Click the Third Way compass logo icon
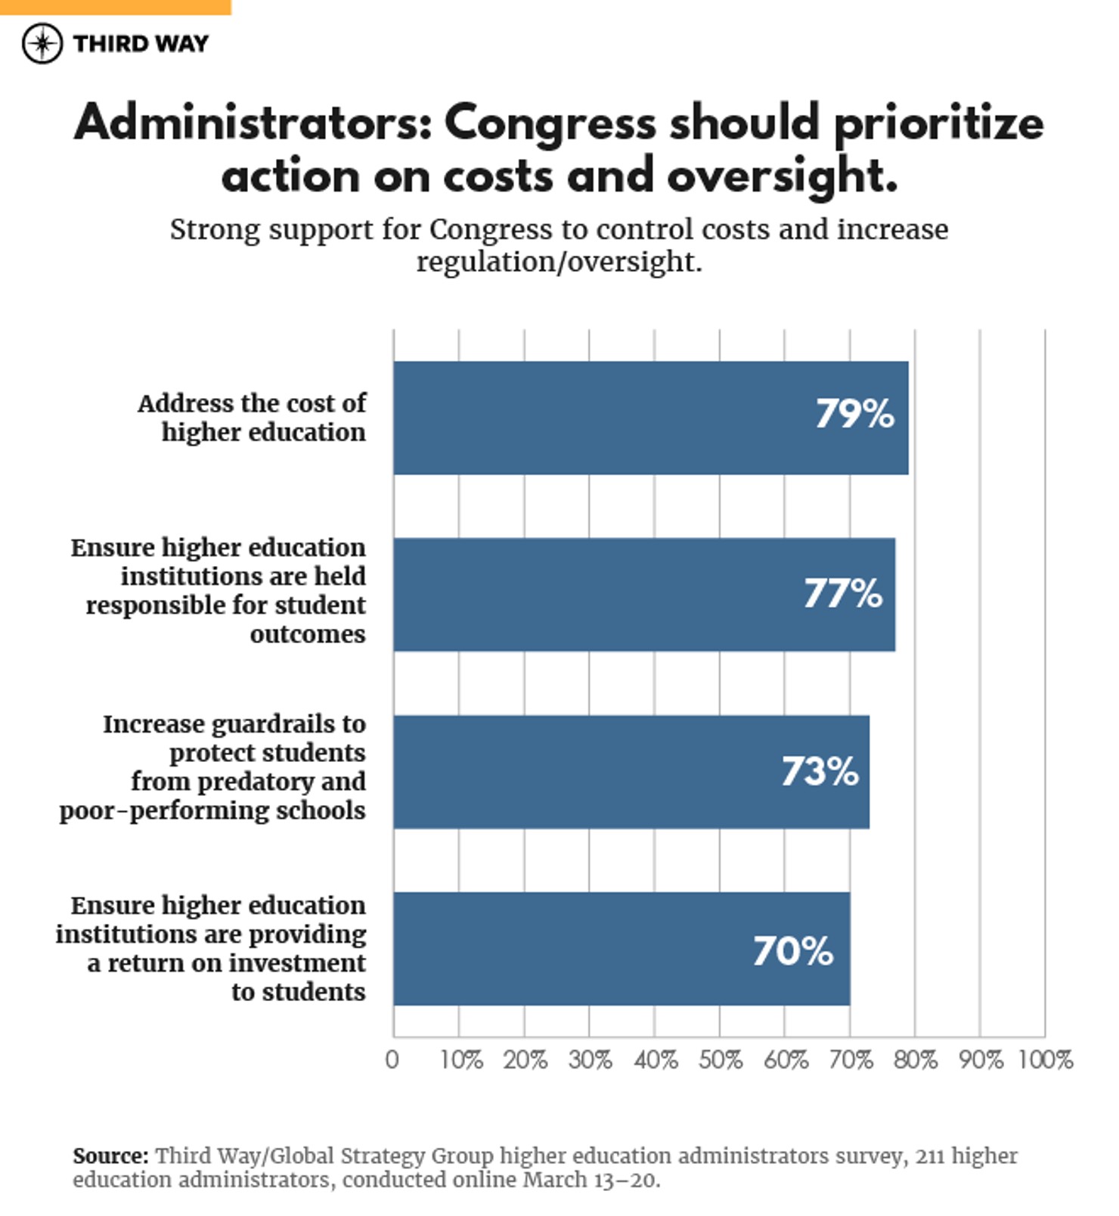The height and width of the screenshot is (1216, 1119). [x=42, y=43]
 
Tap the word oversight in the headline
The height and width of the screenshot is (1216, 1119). [x=782, y=176]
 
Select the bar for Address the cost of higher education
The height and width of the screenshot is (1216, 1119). [x=650, y=418]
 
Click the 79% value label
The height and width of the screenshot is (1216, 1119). [x=854, y=414]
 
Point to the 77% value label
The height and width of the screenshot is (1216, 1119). [x=842, y=593]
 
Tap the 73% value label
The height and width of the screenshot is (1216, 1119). [x=820, y=772]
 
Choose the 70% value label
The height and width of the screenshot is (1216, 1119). [x=792, y=951]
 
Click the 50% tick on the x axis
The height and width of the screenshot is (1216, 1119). [x=720, y=1060]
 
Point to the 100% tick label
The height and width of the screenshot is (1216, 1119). [x=1045, y=1060]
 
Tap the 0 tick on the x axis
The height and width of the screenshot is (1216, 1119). [x=392, y=1060]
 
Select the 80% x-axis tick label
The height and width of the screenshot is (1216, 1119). [x=915, y=1060]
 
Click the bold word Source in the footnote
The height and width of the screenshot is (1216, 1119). [x=110, y=1156]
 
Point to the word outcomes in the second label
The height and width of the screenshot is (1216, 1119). [x=308, y=634]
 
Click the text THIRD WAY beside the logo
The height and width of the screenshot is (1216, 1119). [x=141, y=44]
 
